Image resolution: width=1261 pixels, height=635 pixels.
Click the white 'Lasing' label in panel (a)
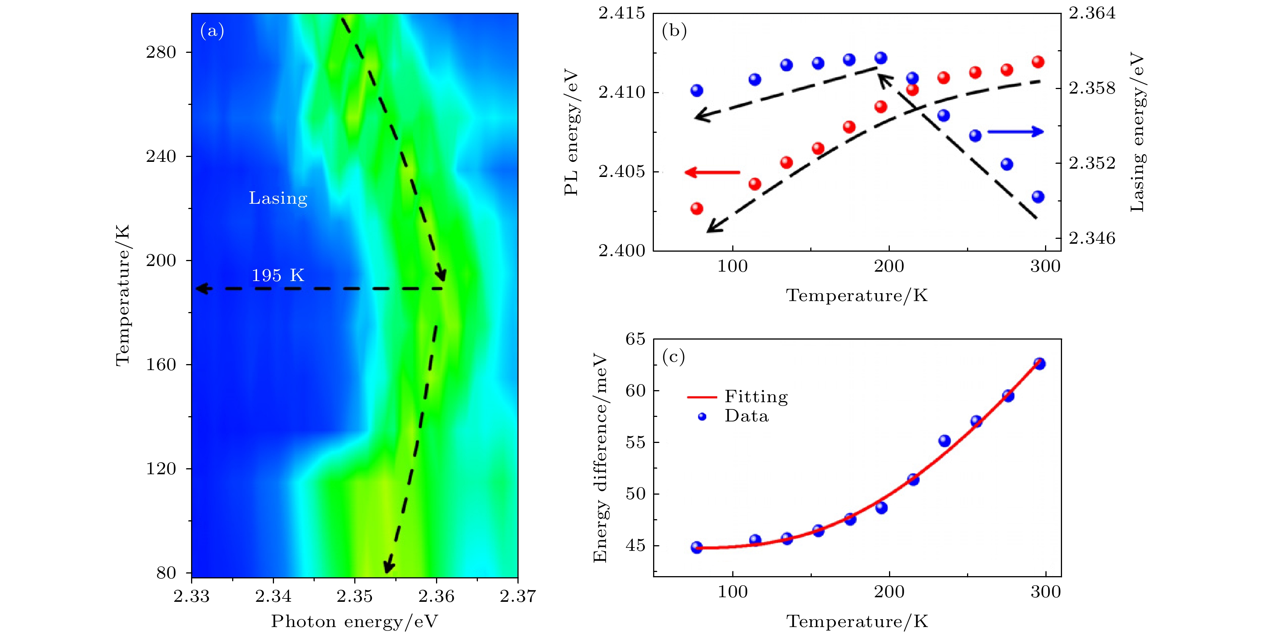click(x=278, y=198)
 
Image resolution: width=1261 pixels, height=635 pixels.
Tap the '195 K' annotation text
click(x=278, y=275)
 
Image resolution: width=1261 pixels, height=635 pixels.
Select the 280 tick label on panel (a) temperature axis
click(x=161, y=52)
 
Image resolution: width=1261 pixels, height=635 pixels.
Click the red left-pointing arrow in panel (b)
click(x=712, y=172)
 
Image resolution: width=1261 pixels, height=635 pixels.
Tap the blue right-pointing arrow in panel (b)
click(x=1015, y=131)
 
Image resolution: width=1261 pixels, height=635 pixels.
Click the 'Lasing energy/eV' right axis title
click(x=1137, y=132)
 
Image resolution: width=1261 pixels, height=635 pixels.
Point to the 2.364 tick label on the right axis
click(x=1092, y=13)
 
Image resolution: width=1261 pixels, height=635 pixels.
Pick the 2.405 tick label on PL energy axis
click(x=622, y=172)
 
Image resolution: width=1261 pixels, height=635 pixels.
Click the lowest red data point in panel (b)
click(x=696, y=209)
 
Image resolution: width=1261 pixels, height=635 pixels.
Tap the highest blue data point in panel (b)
click(x=881, y=58)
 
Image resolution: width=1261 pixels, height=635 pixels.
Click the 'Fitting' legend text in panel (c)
click(x=756, y=397)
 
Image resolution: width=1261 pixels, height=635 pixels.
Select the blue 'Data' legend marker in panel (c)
click(x=702, y=417)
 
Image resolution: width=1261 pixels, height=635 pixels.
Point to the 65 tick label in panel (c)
click(x=635, y=339)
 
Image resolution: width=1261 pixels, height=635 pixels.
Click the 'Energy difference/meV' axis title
click(x=600, y=458)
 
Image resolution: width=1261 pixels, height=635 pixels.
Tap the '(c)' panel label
click(x=673, y=356)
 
